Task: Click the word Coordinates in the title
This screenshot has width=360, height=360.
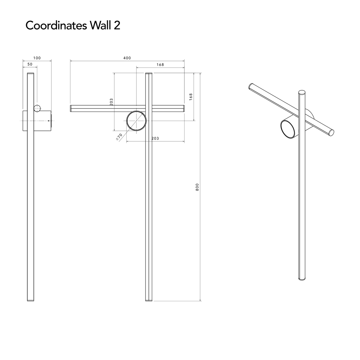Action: tap(56, 25)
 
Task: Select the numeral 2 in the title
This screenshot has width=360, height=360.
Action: tap(117, 25)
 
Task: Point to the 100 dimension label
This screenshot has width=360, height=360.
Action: tap(37, 58)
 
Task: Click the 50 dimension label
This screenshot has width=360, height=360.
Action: tap(30, 64)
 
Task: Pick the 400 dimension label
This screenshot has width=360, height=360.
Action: tap(127, 58)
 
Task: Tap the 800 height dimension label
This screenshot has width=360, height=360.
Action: tap(197, 187)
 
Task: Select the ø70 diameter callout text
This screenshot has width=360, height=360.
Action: tap(119, 137)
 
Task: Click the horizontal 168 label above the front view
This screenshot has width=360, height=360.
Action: tap(160, 64)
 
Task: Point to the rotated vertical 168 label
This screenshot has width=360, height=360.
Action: tap(191, 97)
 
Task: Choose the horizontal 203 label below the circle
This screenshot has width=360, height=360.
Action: tap(155, 138)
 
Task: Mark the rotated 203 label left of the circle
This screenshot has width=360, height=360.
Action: tap(111, 102)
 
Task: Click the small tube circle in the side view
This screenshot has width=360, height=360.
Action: tap(37, 108)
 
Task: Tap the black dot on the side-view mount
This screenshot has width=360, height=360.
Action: tap(49, 121)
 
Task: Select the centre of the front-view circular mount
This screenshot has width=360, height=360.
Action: tap(136, 121)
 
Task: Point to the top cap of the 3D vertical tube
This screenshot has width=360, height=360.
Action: tap(302, 92)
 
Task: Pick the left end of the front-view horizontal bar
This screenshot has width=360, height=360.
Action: tap(70, 109)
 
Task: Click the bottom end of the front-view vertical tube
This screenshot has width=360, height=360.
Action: tap(149, 301)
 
